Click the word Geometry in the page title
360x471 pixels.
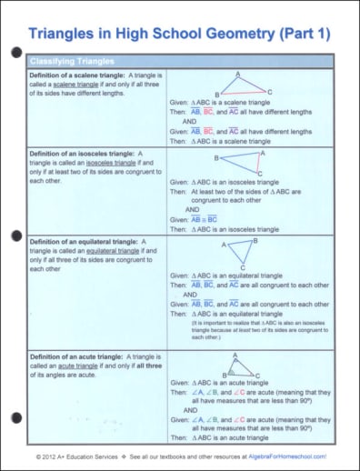point(237,34)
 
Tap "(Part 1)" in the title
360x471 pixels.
point(304,34)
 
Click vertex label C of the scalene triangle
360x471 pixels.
point(269,92)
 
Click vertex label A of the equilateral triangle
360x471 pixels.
point(225,246)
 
